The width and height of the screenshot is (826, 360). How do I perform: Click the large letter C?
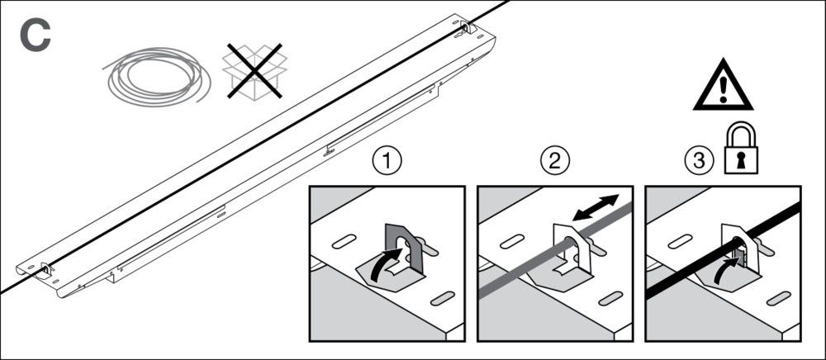click(34, 35)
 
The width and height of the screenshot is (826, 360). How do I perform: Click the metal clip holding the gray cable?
click(573, 248)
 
